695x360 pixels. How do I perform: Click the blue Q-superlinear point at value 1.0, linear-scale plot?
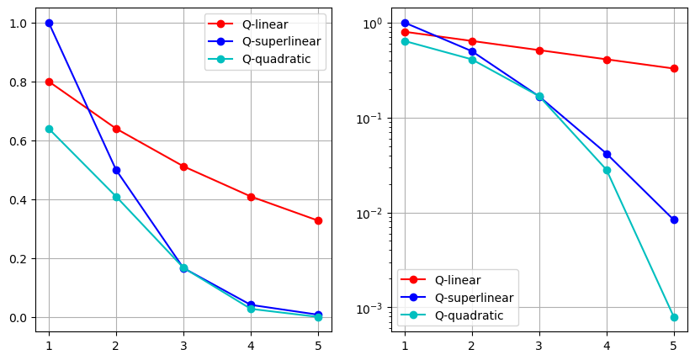pos(49,23)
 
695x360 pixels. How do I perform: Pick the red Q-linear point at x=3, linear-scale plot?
pos(183,167)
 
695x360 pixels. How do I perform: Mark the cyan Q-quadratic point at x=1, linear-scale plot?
pos(49,129)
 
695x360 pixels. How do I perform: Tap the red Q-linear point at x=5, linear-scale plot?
pos(318,220)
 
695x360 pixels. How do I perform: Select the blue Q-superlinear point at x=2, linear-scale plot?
pos(116,170)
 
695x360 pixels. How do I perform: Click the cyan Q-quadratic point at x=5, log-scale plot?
pos(674,317)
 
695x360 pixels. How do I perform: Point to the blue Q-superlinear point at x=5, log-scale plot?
pos(674,220)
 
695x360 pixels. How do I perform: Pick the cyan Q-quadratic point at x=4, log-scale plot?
pos(607,170)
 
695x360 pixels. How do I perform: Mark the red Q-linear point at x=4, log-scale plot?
pos(607,60)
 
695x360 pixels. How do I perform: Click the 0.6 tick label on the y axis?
pos(19,140)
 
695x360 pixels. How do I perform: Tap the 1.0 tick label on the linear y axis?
pos(19,23)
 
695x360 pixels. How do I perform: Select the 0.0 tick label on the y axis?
pos(19,317)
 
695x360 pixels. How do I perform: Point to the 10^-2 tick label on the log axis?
pos(374,213)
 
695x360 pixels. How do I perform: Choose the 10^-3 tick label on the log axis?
pos(374,308)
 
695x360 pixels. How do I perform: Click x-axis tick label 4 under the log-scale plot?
pos(607,345)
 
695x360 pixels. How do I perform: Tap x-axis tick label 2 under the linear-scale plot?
pos(116,345)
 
